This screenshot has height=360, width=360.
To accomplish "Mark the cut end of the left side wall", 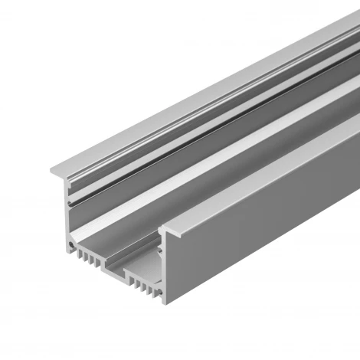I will pos(69,214).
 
